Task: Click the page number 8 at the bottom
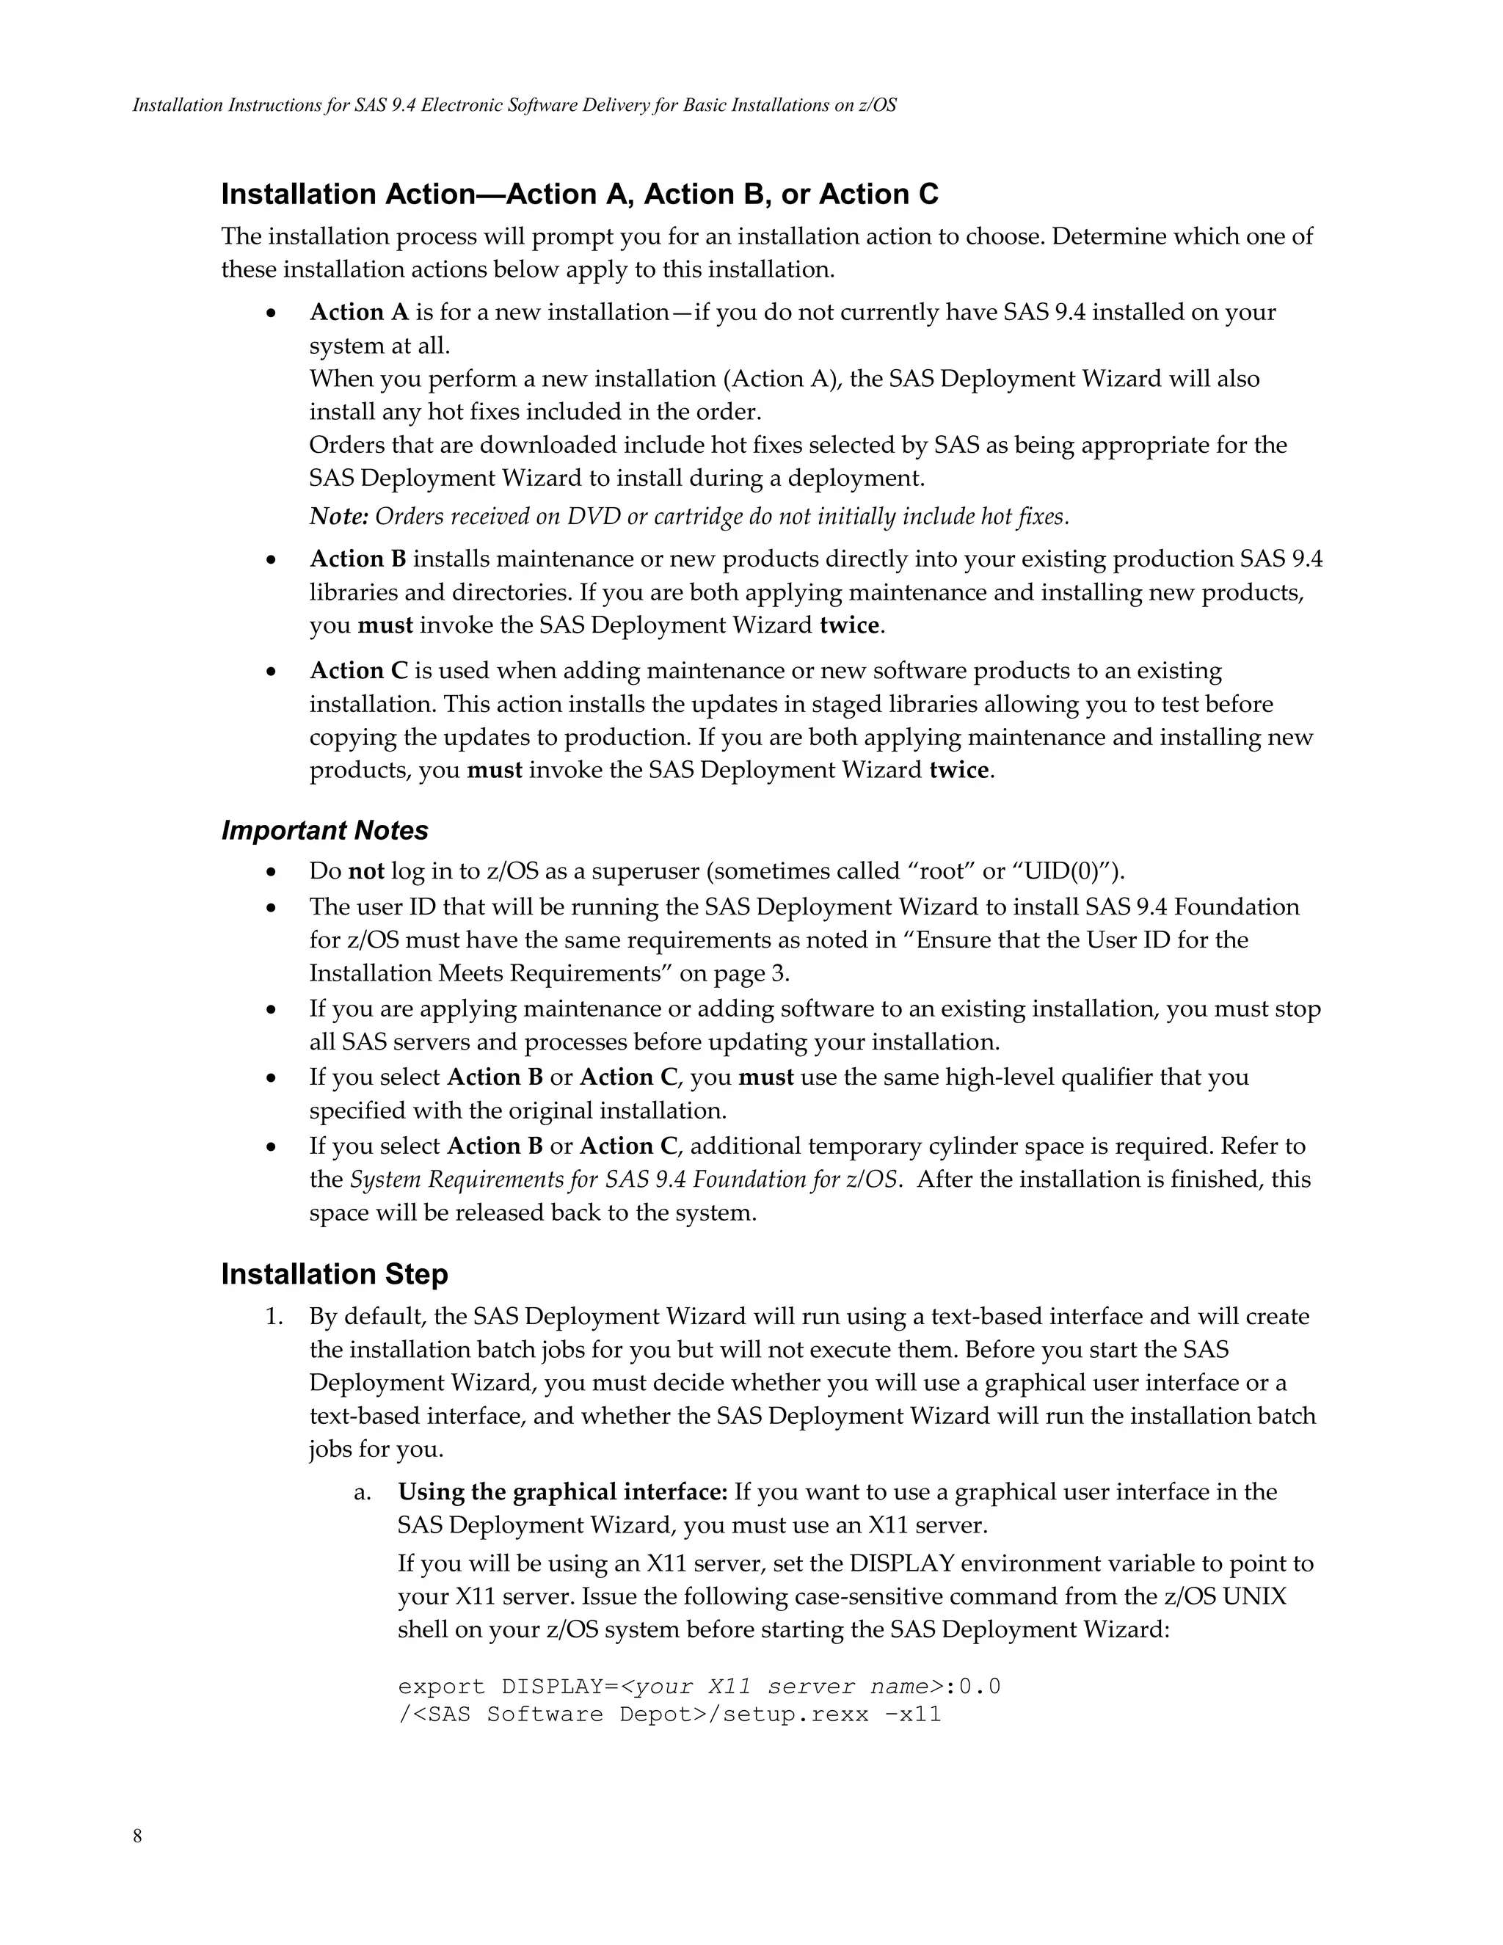[137, 1836]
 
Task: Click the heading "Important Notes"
[324, 830]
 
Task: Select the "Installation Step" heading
[334, 1274]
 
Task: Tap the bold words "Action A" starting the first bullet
[359, 313]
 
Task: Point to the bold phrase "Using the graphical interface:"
[563, 1491]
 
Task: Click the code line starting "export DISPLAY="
[699, 1687]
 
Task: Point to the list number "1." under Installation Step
[274, 1316]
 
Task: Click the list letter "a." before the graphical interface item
[363, 1491]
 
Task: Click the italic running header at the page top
[514, 105]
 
